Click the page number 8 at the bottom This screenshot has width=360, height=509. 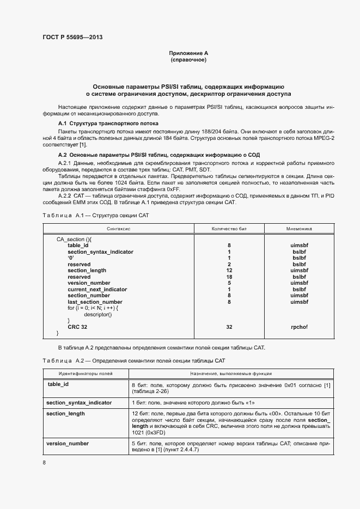pos(44,463)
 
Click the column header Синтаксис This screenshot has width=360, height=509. pos(119,229)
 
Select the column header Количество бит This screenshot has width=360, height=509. pos(229,229)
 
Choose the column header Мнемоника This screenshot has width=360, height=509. pos(299,229)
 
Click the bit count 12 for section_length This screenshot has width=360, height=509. pos(229,270)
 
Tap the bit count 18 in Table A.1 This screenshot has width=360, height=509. pos(229,277)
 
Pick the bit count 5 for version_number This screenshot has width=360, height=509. pos(229,283)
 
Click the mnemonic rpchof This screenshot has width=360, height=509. pos(299,327)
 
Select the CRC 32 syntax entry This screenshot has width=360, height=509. pos(77,327)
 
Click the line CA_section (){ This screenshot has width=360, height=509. pos(75,239)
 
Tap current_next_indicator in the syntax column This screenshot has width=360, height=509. pos(97,289)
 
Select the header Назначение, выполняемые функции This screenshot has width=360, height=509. pos(231,374)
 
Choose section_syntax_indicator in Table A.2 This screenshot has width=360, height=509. pos(80,402)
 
